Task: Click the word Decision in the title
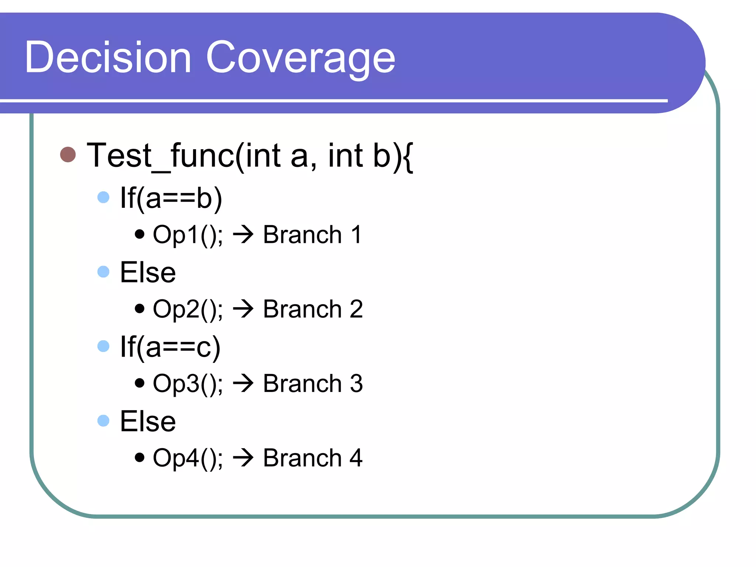108,58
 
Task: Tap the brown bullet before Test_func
68,155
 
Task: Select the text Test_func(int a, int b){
250,156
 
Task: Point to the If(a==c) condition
170,347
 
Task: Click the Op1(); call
188,235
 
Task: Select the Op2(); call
188,309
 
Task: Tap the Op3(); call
188,384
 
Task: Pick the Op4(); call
188,458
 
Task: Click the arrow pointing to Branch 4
243,458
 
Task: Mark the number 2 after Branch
356,309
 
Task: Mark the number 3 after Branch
356,384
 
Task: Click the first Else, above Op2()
148,273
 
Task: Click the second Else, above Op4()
148,422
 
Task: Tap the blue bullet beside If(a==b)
103,197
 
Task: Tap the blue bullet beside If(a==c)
103,346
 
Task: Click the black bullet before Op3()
140,383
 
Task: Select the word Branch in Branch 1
302,235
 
